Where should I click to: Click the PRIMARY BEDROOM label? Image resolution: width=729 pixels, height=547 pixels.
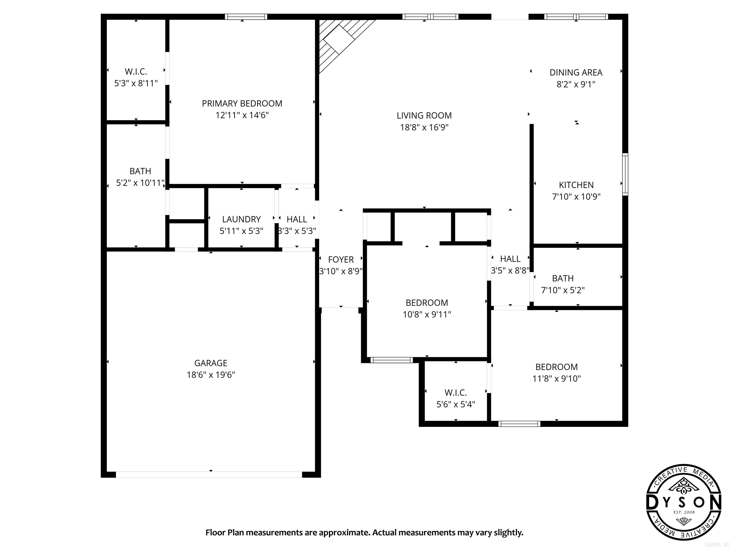point(242,104)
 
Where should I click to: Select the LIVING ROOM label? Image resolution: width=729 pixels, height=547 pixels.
point(424,115)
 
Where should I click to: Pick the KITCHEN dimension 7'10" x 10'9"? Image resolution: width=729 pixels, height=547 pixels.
point(576,197)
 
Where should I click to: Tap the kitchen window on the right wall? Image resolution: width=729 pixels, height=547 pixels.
point(625,174)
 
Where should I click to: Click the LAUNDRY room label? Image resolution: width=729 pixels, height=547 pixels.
point(241,219)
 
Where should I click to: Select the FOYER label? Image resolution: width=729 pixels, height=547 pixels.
point(341,259)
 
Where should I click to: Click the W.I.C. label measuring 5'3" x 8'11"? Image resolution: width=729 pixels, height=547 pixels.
point(136,71)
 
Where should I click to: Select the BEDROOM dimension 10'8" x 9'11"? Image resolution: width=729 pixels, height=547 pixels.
point(426,314)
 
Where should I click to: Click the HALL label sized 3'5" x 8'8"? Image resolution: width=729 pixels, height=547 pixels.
point(510,259)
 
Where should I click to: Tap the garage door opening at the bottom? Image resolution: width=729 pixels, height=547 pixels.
point(209,474)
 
